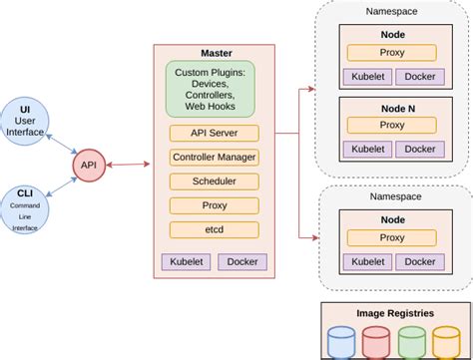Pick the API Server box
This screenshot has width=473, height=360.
point(215,134)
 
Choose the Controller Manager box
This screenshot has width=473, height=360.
point(215,158)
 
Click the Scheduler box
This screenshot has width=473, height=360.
point(215,181)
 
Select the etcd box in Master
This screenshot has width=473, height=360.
point(215,229)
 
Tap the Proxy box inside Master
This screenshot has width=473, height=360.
point(215,205)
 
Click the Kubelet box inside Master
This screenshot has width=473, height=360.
point(186,261)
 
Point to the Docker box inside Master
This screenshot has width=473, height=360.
point(242,261)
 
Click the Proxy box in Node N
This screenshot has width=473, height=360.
point(391,126)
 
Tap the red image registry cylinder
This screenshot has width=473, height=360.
point(376,343)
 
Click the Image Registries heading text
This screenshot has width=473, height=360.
point(394,313)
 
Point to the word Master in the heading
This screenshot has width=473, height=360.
point(215,51)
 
